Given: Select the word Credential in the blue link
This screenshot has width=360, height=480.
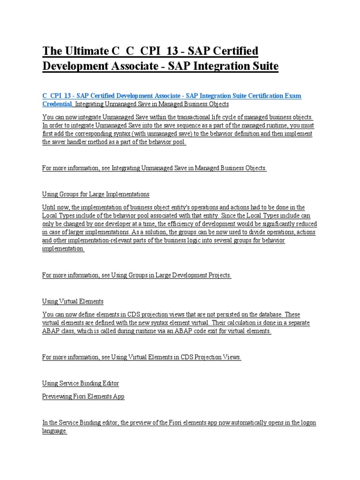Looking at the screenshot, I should tap(57, 104).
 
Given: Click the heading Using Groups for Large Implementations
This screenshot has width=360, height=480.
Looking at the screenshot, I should tap(96, 194).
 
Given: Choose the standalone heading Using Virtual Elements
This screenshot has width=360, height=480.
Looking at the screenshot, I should tap(73, 301).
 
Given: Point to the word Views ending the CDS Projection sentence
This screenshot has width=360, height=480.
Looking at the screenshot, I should tap(232, 357).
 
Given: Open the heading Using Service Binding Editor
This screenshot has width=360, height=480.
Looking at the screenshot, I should tap(81, 383).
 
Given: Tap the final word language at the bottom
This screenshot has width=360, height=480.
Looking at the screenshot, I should tap(54, 431).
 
